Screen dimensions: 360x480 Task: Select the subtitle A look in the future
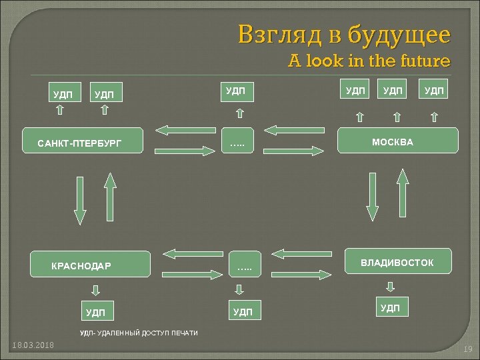point(369,61)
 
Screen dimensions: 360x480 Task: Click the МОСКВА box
point(399,142)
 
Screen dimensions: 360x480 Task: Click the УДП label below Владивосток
point(390,307)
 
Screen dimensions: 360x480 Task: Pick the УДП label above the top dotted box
point(236,90)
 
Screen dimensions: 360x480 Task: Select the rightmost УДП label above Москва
point(433,90)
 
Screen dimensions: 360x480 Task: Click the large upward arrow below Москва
point(402,193)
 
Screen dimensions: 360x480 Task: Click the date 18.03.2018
point(33,344)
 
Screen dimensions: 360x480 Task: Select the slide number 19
point(467,349)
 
